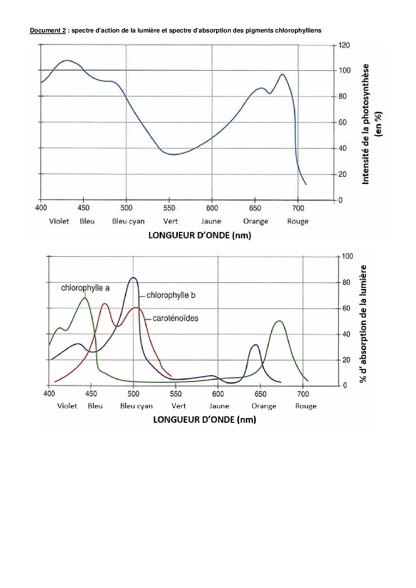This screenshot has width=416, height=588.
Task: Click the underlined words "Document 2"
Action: point(48,31)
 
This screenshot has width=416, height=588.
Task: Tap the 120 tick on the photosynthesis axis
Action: point(344,45)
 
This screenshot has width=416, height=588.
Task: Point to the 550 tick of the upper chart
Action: point(169,208)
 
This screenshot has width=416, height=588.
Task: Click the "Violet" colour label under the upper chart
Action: point(59,221)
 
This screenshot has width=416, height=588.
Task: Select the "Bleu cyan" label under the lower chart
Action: point(136,406)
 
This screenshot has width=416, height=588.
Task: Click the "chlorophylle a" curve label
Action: point(85,288)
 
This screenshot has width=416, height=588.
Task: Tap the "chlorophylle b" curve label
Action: point(171,295)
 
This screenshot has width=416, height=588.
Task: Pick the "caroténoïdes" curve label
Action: point(175,318)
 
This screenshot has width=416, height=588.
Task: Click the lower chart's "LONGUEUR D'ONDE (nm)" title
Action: point(204,420)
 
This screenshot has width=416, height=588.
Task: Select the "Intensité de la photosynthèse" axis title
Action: point(366,124)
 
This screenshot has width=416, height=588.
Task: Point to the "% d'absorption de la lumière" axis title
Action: point(363,324)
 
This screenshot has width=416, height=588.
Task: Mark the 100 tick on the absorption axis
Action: point(347,256)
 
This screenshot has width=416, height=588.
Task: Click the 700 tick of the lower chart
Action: point(303,394)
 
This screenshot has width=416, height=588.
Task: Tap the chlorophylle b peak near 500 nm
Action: point(134,278)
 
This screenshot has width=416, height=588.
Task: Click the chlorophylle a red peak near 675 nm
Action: point(279,321)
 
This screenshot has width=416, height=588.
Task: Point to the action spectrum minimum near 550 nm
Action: point(173,154)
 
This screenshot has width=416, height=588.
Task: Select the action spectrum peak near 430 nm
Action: point(67,60)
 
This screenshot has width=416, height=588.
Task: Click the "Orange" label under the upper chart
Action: point(256,221)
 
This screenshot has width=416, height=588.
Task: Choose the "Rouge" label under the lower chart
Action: point(306,406)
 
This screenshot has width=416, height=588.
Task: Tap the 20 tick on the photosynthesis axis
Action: point(342,174)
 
